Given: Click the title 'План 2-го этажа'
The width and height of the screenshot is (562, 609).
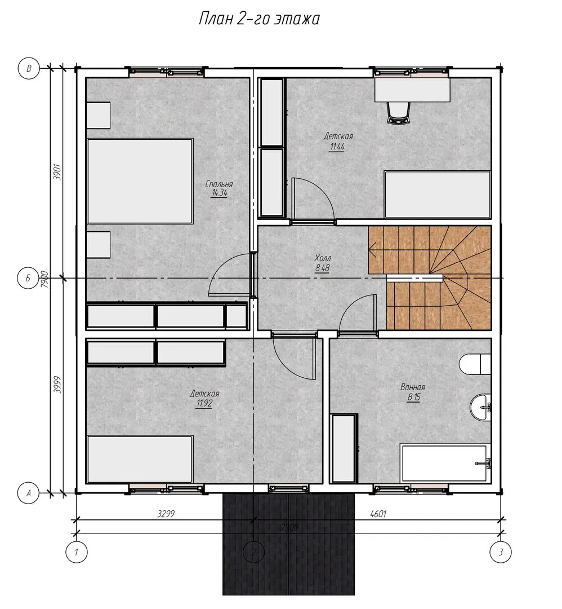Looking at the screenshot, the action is pos(258,18).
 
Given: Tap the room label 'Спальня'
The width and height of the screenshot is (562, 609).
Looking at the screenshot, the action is pos(219,184).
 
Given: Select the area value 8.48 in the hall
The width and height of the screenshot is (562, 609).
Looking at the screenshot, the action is pos(322,268).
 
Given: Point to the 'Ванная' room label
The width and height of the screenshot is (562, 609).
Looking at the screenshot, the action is pos(413,387).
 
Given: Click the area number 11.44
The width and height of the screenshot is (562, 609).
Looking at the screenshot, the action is pos(337,147).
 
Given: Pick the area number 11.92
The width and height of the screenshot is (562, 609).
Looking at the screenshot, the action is pos(204,404).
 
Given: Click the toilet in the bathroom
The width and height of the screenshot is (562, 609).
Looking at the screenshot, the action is pos(475,364).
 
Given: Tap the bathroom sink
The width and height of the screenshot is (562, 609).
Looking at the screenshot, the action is pos(480,407).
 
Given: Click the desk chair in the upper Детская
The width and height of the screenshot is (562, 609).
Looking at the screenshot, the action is pos(398,112).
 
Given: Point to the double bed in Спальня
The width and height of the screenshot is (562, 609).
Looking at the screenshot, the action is pos(140,181).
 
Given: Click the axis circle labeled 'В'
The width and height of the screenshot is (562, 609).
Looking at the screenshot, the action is pos(29,68).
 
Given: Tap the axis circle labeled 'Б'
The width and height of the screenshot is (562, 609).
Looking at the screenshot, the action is pos(28,278).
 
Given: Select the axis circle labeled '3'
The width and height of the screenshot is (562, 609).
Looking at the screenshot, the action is pos(501,552).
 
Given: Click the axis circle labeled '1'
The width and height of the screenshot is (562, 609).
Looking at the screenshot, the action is pos(77,552).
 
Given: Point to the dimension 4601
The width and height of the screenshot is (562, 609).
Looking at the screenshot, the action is pos(378,514).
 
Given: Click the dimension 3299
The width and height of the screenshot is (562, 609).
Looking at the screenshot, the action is pos(166,514).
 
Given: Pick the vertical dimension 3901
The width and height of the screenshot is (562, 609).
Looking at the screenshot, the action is pos(57,172).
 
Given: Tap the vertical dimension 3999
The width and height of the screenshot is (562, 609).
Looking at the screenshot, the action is pos(57,385).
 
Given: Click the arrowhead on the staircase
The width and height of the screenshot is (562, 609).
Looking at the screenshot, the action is pos(372,250).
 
